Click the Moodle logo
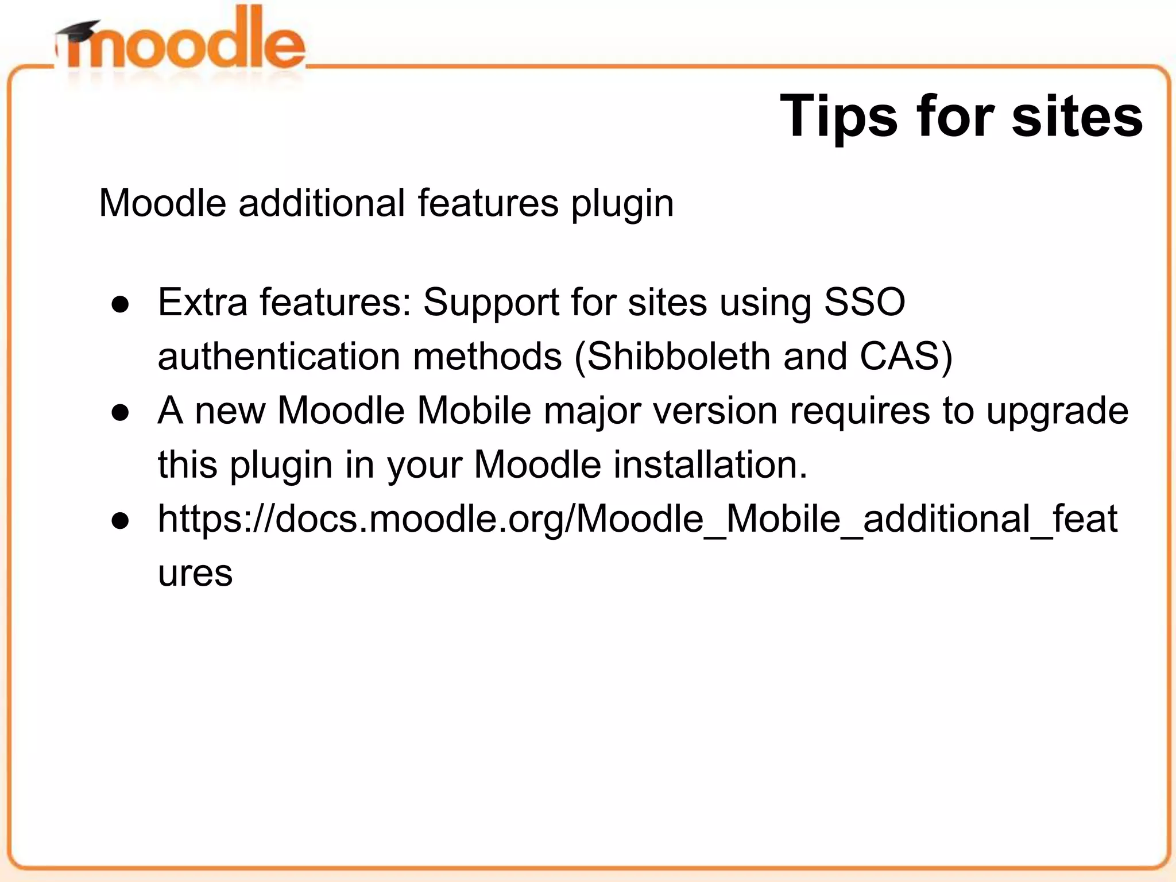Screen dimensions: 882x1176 pyautogui.click(x=181, y=43)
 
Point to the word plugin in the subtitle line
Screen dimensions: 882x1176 pyautogui.click(x=622, y=204)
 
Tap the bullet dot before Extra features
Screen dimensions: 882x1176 pyautogui.click(x=121, y=304)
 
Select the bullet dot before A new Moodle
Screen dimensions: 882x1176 pyautogui.click(x=121, y=412)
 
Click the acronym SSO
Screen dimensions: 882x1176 pyautogui.click(x=864, y=302)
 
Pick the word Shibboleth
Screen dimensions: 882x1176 pyautogui.click(x=678, y=357)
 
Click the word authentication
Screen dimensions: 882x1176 pyautogui.click(x=278, y=357)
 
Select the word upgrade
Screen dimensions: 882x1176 pyautogui.click(x=1057, y=412)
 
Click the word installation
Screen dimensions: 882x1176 pyautogui.click(x=710, y=465)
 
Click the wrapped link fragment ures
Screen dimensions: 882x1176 pyautogui.click(x=195, y=573)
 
